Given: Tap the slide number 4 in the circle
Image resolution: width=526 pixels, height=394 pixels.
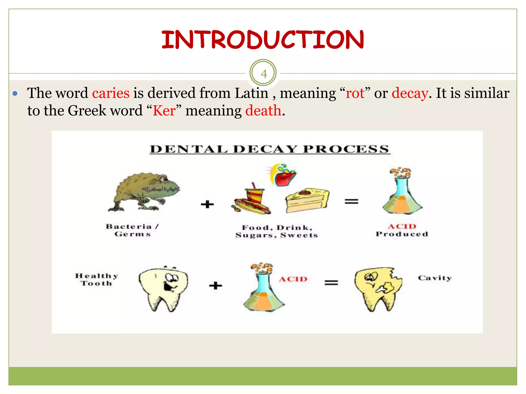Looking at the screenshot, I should click(x=263, y=74).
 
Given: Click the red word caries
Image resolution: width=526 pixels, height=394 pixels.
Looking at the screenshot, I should click(x=111, y=93).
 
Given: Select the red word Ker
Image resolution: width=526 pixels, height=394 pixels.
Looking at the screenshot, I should click(x=164, y=111).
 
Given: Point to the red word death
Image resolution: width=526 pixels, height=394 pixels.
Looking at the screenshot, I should click(x=263, y=111).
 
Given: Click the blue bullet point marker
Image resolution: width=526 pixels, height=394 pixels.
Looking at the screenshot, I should click(x=15, y=93).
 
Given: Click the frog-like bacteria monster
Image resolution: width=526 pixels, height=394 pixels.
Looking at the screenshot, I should click(x=145, y=191).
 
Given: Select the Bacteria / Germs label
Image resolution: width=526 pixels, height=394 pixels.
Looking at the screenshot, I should click(x=132, y=230).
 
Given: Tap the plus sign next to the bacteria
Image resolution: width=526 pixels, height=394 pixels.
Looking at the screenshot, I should click(x=207, y=204).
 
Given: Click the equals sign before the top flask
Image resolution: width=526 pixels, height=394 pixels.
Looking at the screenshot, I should click(x=351, y=201).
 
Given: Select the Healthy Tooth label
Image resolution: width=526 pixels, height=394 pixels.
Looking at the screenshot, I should click(x=97, y=279).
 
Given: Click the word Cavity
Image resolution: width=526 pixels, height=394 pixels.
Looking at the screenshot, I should click(x=435, y=278).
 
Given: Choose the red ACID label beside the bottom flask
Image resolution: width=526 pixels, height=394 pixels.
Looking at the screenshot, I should click(x=293, y=279).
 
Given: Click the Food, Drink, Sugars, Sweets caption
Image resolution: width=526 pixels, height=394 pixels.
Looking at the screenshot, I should click(x=277, y=231).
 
